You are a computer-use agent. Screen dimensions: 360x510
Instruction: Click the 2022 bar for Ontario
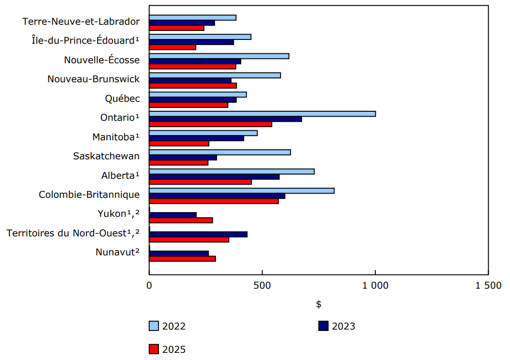[x=262, y=114]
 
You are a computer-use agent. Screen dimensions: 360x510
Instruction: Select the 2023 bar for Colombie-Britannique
[x=217, y=196]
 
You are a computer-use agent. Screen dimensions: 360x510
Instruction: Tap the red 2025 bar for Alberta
[x=200, y=182]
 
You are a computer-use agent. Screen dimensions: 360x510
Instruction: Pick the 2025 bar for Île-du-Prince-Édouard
[x=172, y=47]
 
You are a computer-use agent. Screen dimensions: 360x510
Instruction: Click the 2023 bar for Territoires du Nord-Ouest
[x=198, y=234]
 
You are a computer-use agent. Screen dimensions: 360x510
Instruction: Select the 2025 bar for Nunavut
[x=182, y=259]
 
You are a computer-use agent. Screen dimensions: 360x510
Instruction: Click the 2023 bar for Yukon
[x=173, y=215]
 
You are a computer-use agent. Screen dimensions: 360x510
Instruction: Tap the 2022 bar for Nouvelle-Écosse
[x=219, y=56]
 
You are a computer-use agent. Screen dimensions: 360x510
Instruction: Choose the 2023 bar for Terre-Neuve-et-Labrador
[x=182, y=23]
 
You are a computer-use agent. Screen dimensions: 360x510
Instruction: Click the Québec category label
[x=122, y=98]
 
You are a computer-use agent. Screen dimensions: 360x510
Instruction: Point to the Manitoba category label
[x=116, y=137]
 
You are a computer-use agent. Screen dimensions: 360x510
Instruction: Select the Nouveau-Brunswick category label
[x=93, y=79]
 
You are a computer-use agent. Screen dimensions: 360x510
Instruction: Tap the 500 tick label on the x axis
[x=262, y=286]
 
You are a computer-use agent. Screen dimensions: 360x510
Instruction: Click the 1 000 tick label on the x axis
[x=375, y=286]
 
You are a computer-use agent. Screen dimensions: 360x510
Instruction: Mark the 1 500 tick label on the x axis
[x=488, y=286]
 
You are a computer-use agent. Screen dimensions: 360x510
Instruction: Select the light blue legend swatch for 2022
[x=154, y=326]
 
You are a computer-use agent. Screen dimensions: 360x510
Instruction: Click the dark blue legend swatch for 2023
[x=323, y=326]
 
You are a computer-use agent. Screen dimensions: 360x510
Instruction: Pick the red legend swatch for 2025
[x=154, y=350]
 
